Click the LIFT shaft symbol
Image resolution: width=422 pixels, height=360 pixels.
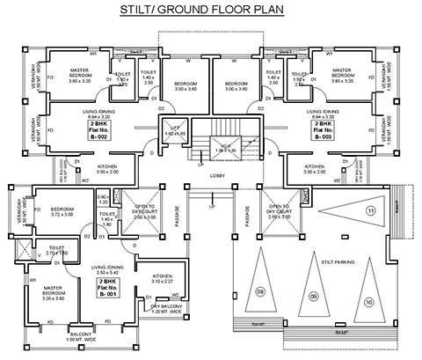coord(173,130)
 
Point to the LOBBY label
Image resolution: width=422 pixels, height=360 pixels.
coord(218,176)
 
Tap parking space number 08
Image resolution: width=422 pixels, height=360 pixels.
coord(260,291)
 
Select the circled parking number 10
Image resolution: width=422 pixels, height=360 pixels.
coord(368,302)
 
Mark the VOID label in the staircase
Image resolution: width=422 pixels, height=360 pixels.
coord(226,147)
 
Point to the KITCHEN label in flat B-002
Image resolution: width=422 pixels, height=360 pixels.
coord(106,168)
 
